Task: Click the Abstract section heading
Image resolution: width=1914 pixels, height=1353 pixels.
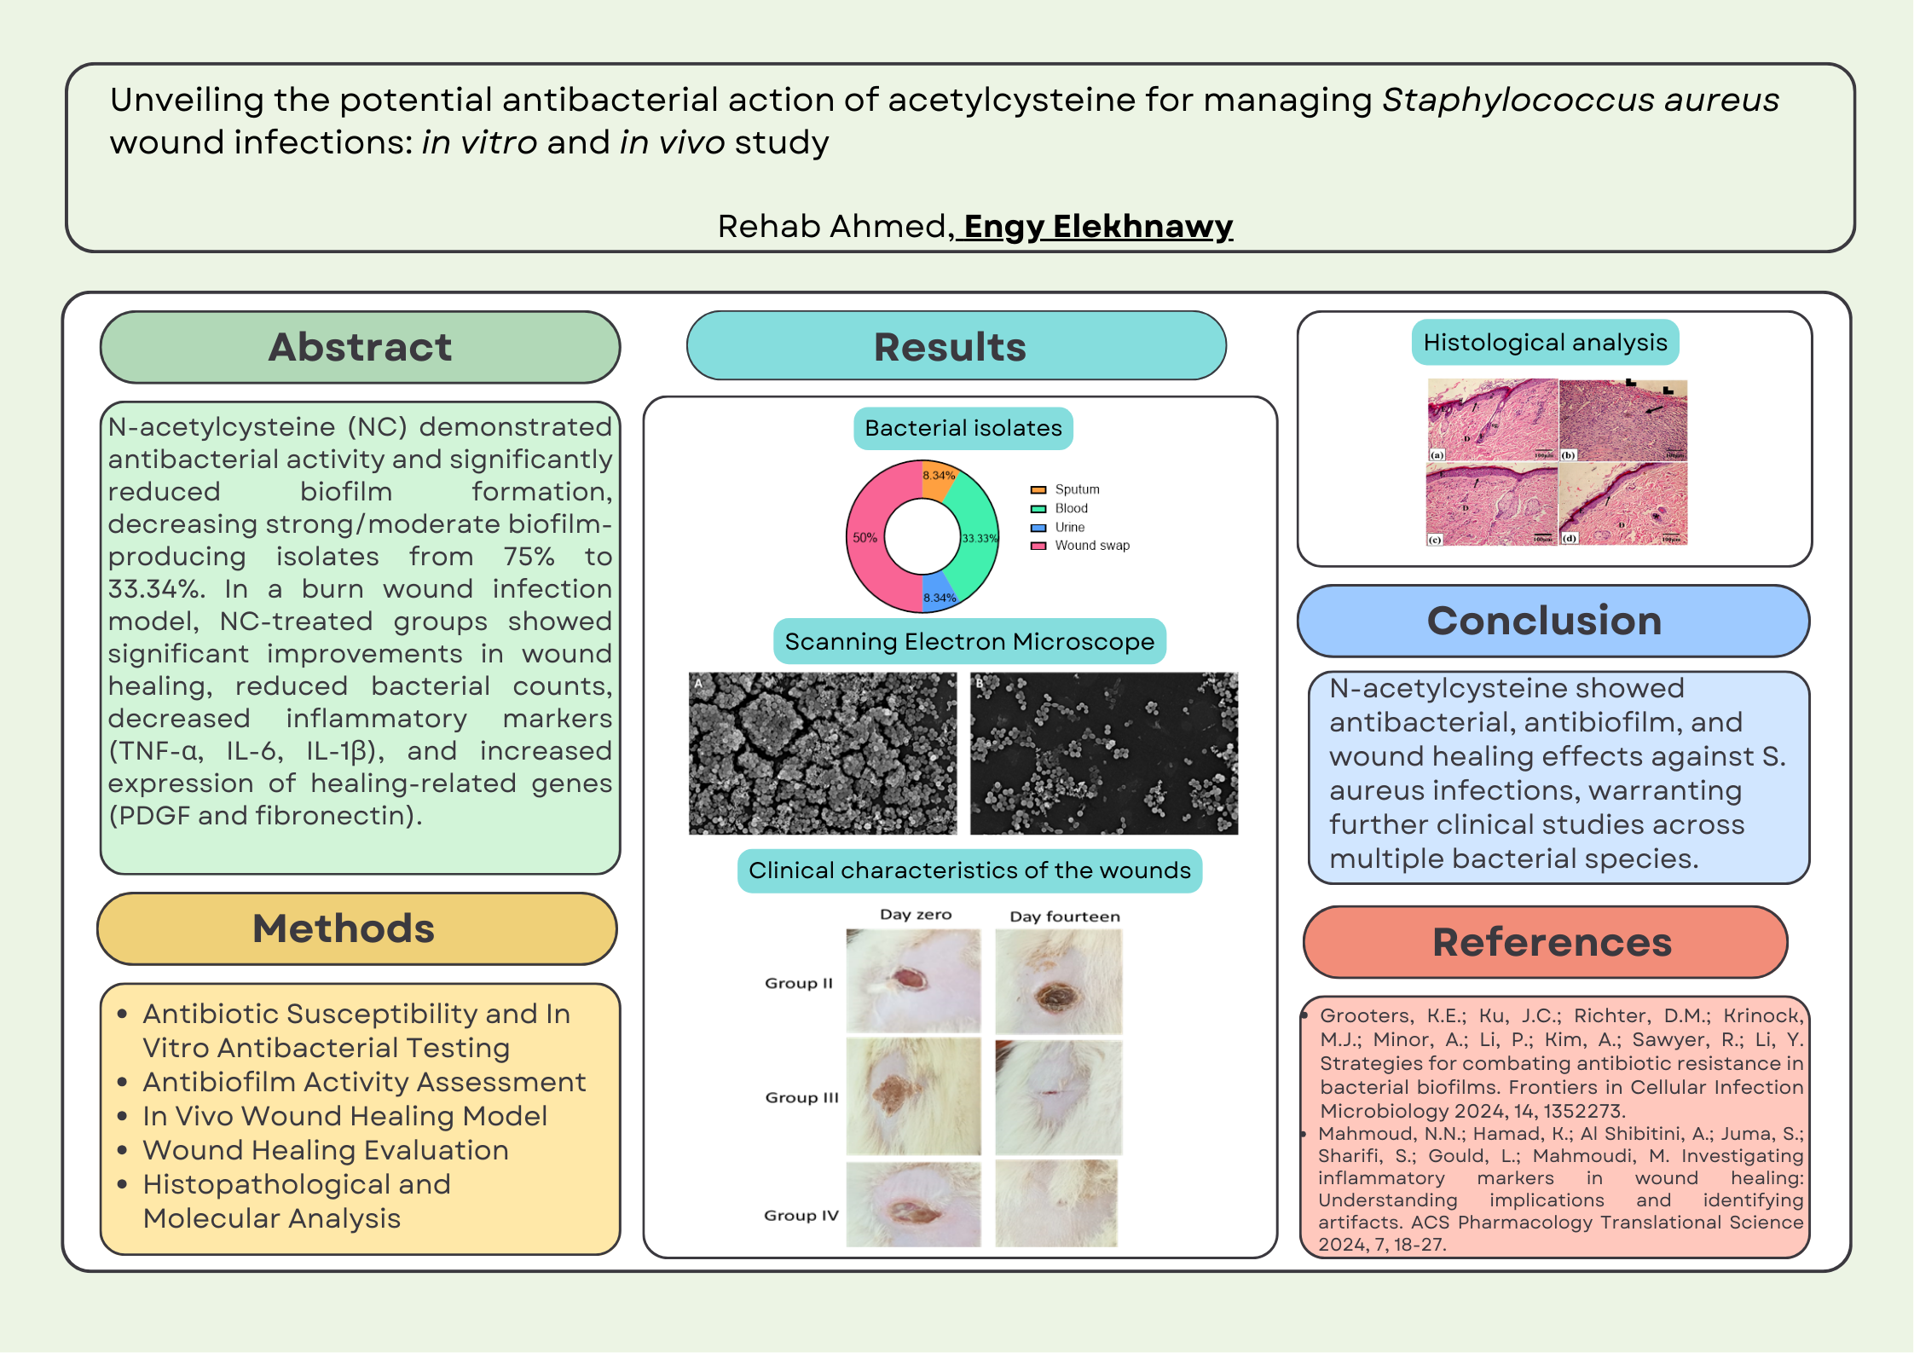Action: [x=360, y=347]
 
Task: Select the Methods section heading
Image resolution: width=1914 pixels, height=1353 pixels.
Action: [x=344, y=928]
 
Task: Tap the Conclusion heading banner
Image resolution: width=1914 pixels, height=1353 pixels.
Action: [x=1544, y=621]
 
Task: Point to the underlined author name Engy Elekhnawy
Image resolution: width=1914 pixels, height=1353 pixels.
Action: [x=1098, y=226]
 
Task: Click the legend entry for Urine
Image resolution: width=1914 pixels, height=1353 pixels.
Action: [x=1069, y=527]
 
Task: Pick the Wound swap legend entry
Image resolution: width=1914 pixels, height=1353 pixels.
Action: [x=1091, y=546]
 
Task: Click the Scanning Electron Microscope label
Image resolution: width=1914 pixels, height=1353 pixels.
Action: [x=969, y=641]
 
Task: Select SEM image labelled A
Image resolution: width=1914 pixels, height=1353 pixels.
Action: [x=822, y=753]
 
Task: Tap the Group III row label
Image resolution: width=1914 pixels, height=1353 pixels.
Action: [x=801, y=1097]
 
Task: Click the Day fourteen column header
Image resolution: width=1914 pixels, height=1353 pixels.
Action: [x=1065, y=916]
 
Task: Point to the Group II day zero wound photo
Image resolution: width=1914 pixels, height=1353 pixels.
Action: [x=913, y=980]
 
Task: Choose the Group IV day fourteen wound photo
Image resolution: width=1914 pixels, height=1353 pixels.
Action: [x=1056, y=1204]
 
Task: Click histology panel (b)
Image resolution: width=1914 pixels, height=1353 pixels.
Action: [x=1622, y=420]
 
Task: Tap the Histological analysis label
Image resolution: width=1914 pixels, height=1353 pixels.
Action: [x=1545, y=342]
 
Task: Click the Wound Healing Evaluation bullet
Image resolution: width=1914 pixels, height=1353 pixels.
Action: [x=325, y=1150]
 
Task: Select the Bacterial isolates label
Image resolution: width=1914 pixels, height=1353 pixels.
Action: [x=963, y=428]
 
